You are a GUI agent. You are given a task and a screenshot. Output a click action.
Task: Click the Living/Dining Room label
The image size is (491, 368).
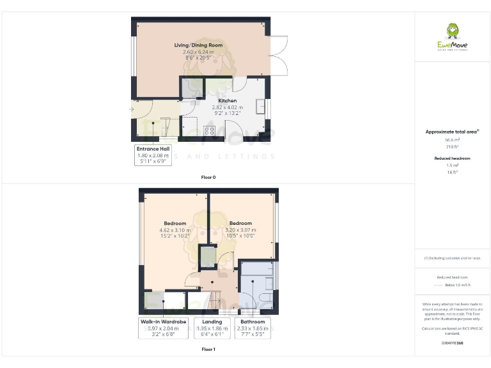198,45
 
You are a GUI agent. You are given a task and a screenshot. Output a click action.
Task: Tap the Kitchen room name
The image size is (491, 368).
228,101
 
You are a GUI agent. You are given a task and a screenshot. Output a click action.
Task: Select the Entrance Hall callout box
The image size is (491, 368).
153,155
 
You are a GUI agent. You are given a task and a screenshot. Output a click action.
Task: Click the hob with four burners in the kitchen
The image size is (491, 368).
209,132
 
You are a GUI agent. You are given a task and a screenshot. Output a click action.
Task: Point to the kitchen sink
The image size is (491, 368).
261,106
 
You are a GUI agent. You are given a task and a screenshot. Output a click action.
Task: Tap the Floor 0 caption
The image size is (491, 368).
208,177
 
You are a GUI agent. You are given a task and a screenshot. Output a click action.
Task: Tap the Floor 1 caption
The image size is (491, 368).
208,349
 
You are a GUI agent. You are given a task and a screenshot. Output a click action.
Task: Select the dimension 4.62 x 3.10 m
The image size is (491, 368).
175,230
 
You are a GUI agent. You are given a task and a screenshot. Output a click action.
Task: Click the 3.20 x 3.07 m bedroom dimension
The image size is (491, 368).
240,230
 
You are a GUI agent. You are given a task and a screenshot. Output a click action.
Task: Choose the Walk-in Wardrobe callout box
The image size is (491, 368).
163,328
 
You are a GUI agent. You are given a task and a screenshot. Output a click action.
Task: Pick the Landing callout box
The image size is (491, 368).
212,328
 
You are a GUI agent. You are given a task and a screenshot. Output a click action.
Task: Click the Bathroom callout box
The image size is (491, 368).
253,328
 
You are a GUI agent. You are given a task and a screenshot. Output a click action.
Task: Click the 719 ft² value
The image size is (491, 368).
452,147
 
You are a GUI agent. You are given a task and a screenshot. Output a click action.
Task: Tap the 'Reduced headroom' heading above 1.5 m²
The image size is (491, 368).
452,158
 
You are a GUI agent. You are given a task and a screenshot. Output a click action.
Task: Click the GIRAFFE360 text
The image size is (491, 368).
452,344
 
